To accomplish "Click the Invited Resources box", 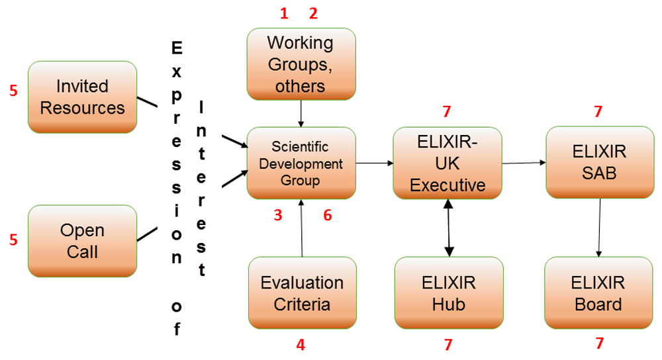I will click(82, 97).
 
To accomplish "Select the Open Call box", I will click(82, 241).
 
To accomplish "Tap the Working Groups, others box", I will click(301, 64).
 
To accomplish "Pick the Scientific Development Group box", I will click(301, 163).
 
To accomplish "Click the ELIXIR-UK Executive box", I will click(448, 163).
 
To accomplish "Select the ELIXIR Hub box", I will click(448, 292).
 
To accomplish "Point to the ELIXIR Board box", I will click(598, 292).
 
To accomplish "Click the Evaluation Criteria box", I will click(302, 292).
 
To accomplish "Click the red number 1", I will click(285, 13).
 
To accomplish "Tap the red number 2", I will click(313, 13).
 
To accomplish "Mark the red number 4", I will click(301, 345).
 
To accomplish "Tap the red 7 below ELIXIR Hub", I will click(448, 344).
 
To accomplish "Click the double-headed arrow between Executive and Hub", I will click(449, 227).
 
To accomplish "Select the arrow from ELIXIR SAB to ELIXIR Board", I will click(600, 227).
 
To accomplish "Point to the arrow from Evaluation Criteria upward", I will click(302, 228).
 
